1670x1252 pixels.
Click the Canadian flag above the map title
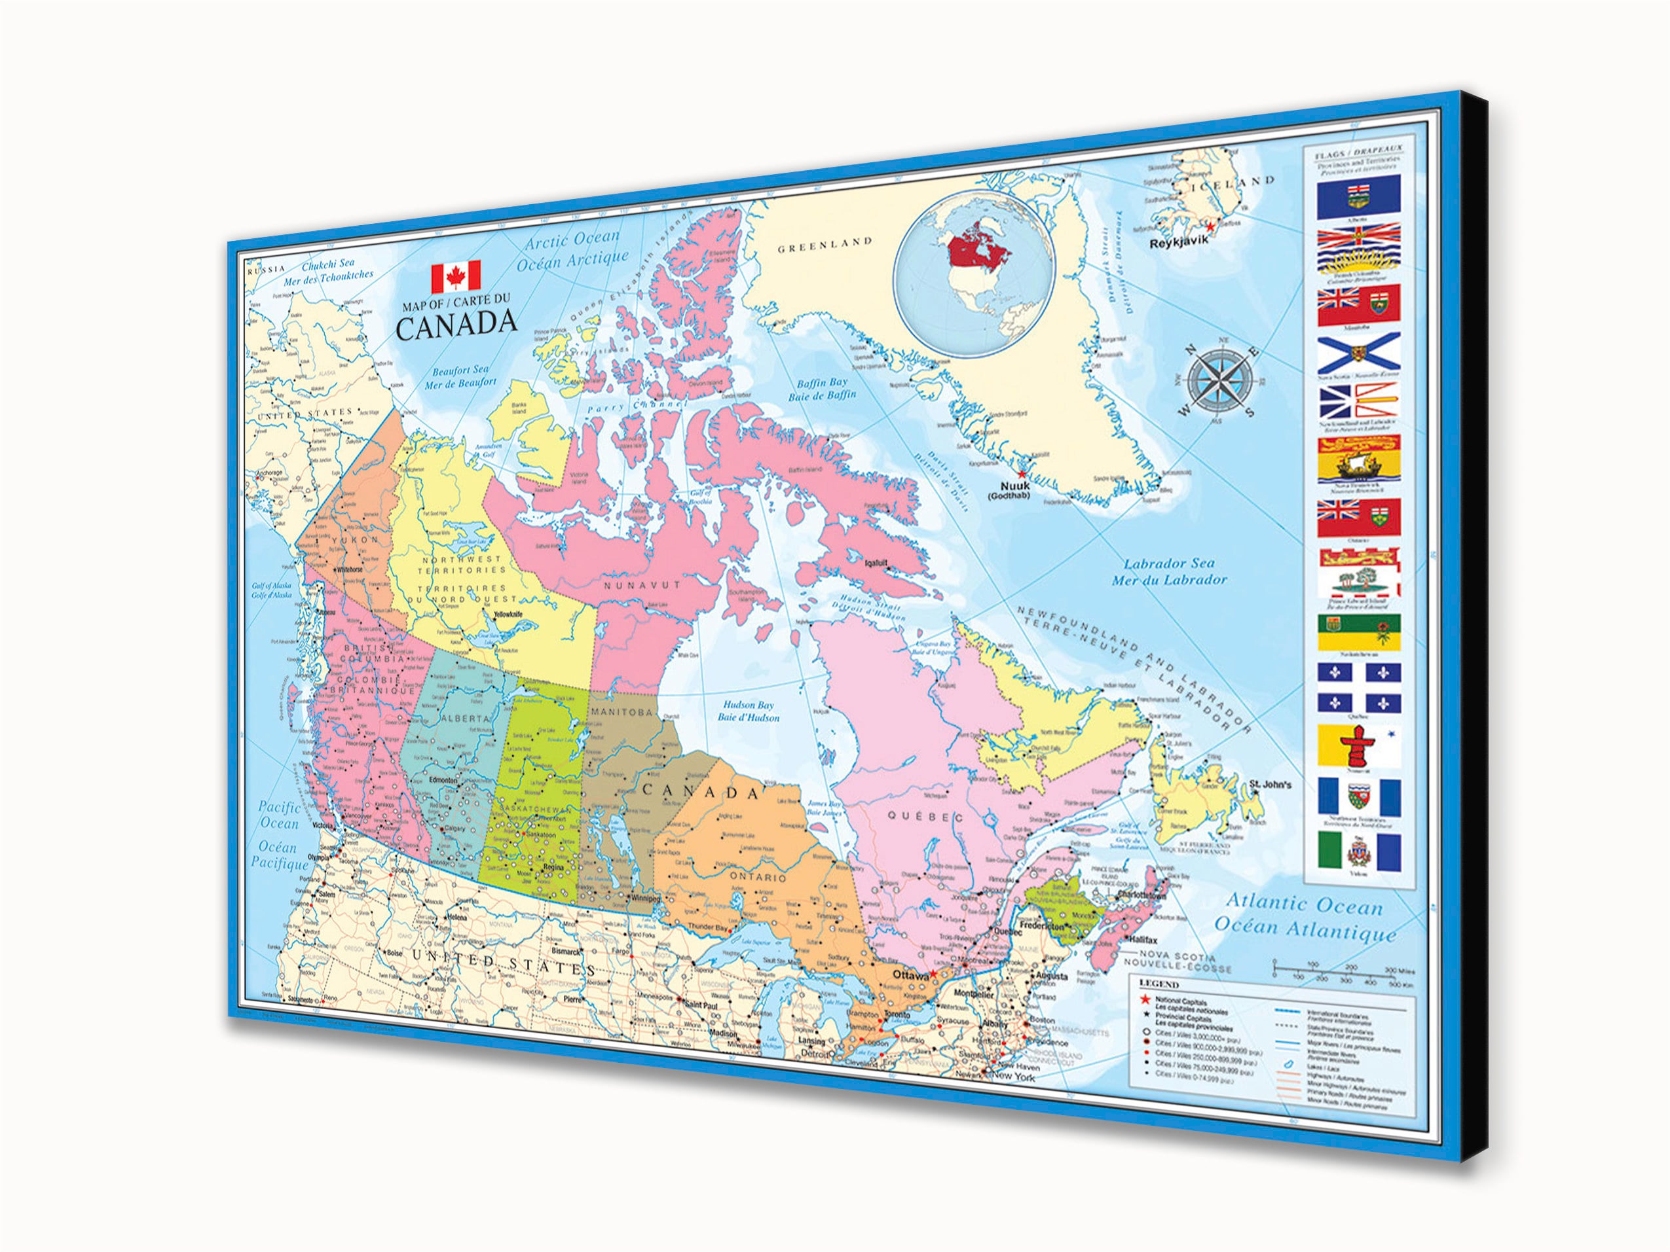456,277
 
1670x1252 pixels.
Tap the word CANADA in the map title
456,325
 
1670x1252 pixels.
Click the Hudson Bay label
748,711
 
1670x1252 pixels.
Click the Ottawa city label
909,976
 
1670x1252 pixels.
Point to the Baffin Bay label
822,389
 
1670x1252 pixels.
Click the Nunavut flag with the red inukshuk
1359,745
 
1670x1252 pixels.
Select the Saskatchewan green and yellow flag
1359,632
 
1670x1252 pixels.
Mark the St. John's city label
1269,784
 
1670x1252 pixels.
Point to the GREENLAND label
825,245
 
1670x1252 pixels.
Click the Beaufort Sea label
460,376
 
